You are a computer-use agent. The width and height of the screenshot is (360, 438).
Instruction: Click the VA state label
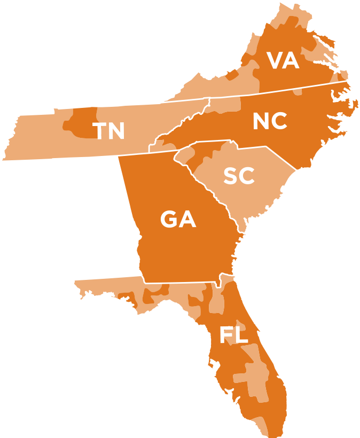(283, 60)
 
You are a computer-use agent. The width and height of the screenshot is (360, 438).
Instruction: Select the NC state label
(270, 122)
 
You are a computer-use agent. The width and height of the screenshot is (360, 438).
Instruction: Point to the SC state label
(239, 176)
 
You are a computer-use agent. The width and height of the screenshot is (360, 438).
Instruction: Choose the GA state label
(178, 219)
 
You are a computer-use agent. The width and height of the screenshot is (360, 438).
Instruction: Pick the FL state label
(234, 335)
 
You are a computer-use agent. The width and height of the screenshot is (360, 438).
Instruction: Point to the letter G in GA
(169, 219)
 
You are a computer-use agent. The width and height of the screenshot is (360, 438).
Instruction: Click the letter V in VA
(275, 60)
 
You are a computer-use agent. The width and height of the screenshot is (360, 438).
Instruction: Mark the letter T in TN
(100, 131)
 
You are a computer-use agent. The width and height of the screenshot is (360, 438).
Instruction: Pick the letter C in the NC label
(279, 122)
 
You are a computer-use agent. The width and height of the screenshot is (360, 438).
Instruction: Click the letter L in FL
(241, 335)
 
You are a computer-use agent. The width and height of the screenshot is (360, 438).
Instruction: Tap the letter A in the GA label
(188, 219)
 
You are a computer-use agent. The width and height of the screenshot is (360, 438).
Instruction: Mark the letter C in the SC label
(247, 176)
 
